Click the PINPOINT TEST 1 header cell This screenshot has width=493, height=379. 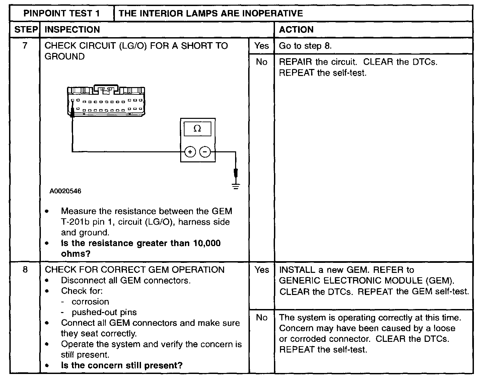[62, 13]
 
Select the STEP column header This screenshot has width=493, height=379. [26, 29]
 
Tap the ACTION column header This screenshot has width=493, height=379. [296, 29]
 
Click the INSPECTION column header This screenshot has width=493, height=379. [72, 29]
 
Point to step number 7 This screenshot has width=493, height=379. [25, 46]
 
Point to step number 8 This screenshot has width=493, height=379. [25, 270]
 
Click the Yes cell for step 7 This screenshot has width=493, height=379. [261, 46]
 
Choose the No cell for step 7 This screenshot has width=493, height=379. [261, 62]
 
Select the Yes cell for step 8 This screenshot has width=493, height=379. [261, 270]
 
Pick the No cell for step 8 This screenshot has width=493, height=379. [261, 317]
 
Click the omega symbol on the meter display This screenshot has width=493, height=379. [197, 129]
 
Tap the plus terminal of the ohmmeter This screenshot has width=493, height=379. [190, 152]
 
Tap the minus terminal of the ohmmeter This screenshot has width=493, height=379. [205, 152]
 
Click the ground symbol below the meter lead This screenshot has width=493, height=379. [236, 187]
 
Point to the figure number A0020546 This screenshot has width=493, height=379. [65, 191]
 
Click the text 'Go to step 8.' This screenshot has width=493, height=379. [305, 46]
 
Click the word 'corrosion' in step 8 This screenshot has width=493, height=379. [90, 302]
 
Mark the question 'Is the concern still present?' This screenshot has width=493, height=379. [122, 365]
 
